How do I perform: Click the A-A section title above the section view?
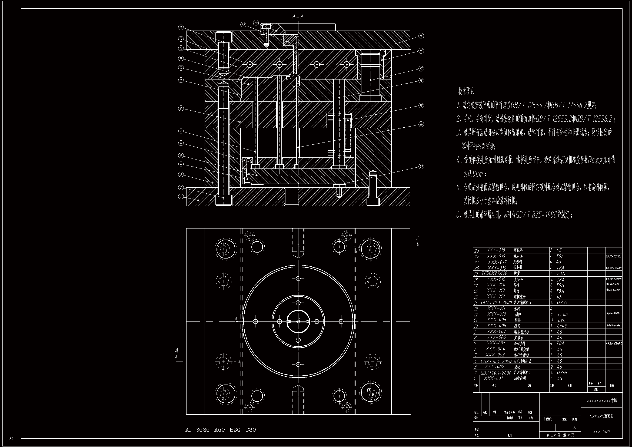coord(298,17)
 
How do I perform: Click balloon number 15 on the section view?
coord(421,36)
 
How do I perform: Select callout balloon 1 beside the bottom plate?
coord(181,197)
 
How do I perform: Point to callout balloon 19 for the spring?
coord(421,105)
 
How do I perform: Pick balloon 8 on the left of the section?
coord(181,108)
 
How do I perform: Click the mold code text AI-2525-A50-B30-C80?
coord(221,430)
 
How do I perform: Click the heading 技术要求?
coord(466,91)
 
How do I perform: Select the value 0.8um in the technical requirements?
coord(473,174)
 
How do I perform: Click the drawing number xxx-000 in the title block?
coord(601,432)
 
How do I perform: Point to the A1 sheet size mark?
coord(11,438)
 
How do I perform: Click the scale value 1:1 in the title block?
coord(575,428)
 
